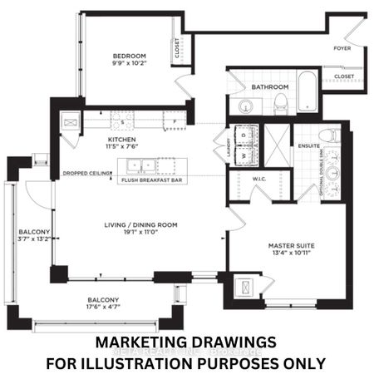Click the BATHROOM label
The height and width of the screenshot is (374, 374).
(x=271, y=87)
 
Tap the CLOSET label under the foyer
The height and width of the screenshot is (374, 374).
(x=342, y=76)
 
